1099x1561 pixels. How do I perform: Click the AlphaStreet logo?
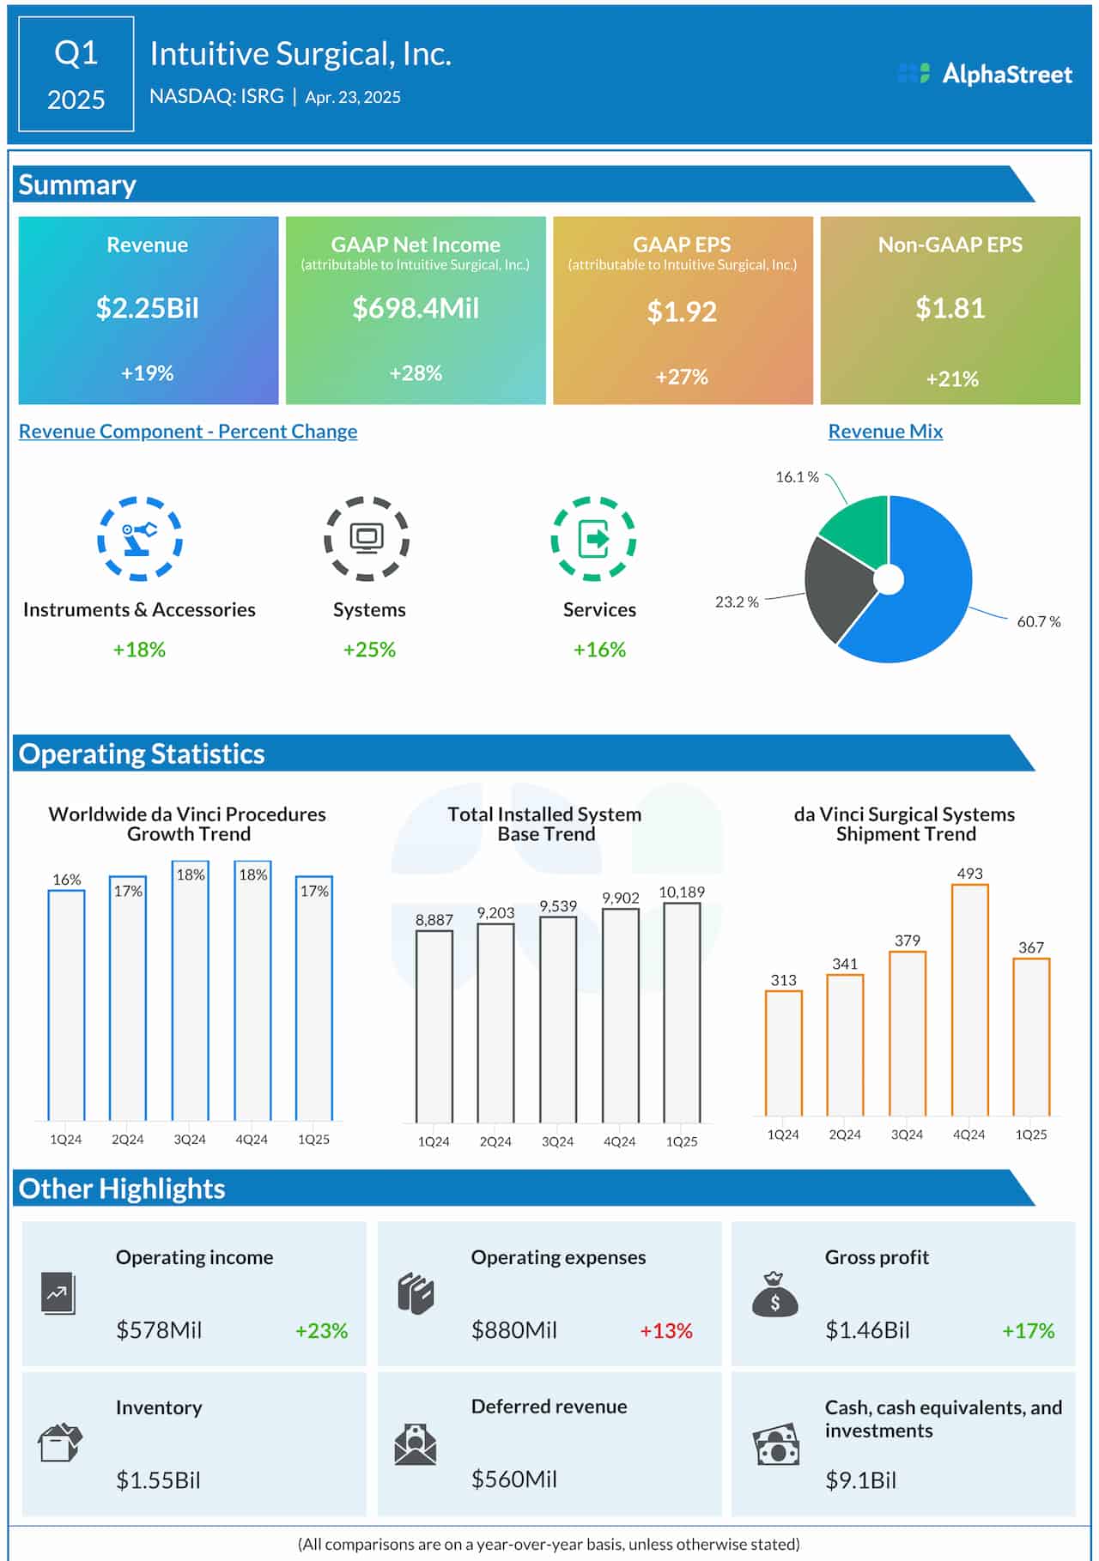click(985, 74)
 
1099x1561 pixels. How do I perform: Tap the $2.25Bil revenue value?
click(148, 308)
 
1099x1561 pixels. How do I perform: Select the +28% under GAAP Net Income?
click(416, 373)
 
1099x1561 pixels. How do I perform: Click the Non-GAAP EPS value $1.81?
click(950, 308)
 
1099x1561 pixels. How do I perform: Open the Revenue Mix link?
click(885, 432)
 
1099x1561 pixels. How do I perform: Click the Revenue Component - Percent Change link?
click(188, 432)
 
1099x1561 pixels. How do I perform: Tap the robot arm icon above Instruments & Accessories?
click(139, 538)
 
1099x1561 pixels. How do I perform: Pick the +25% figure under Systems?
click(369, 650)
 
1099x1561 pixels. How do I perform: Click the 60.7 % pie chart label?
click(1038, 621)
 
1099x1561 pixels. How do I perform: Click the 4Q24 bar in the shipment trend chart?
click(969, 1000)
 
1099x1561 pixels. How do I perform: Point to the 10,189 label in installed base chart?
click(682, 892)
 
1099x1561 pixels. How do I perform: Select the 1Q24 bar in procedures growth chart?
click(66, 1004)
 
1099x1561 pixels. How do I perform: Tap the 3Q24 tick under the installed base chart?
click(557, 1141)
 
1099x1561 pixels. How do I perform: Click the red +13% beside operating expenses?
click(665, 1331)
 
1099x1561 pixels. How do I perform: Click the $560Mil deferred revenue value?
click(513, 1479)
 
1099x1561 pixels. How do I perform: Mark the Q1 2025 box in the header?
click(76, 75)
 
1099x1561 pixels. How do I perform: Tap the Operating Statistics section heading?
click(142, 753)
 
